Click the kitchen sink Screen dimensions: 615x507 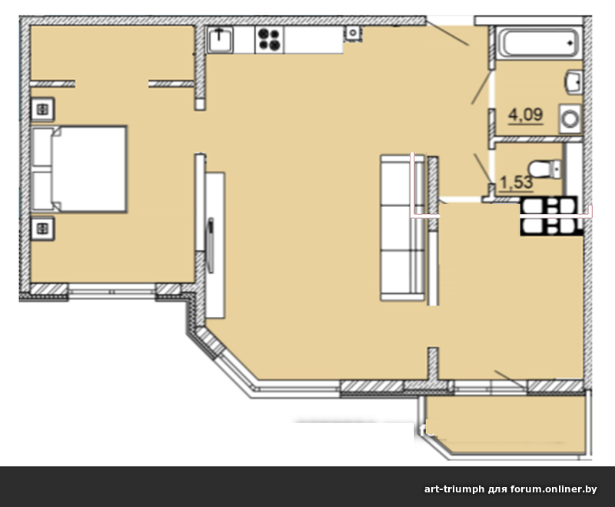tap(220, 39)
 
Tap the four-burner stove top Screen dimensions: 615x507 tap(270, 40)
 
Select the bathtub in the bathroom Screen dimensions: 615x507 tap(539, 43)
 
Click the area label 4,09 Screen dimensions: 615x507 tap(526, 115)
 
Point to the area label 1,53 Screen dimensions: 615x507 tap(517, 182)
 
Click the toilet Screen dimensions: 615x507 tap(545, 168)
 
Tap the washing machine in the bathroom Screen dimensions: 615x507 tap(570, 118)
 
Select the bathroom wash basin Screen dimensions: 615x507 tap(573, 82)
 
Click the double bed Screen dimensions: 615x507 tap(79, 169)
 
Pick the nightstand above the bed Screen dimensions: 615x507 tap(43, 109)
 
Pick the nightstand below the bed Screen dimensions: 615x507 tap(43, 228)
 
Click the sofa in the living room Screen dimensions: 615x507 tap(402, 228)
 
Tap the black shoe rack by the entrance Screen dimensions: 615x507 tap(551, 216)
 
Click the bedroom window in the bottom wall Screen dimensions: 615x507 tap(112, 292)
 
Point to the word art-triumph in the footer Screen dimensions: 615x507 tap(454, 489)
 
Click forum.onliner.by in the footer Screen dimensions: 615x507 tap(553, 489)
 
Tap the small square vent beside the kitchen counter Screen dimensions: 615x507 tap(353, 33)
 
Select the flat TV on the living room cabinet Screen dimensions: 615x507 tap(211, 245)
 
